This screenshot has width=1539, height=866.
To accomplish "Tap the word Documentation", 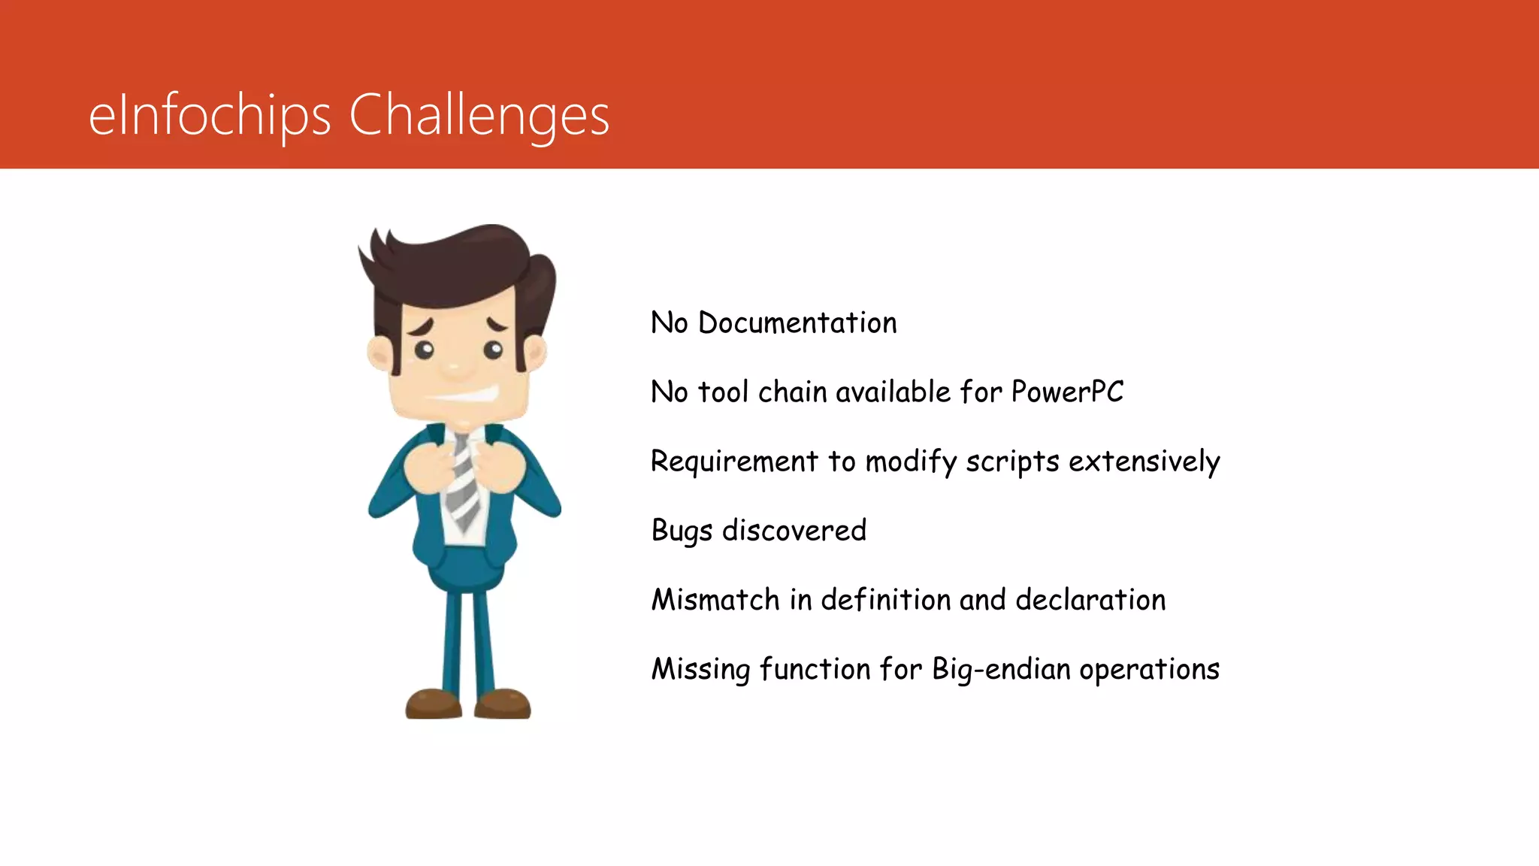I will point(797,323).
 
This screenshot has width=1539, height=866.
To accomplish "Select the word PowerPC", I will point(1067,392).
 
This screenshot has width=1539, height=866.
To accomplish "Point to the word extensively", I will point(1144,462).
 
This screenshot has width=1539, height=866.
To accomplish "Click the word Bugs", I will point(682,531).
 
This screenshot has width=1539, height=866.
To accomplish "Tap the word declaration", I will point(1090,600).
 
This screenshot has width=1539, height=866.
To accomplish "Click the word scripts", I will point(1012,462).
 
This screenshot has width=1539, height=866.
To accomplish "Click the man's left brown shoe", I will point(434,704).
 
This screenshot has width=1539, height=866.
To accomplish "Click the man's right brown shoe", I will point(503,704).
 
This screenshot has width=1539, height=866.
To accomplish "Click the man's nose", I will point(455,368).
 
